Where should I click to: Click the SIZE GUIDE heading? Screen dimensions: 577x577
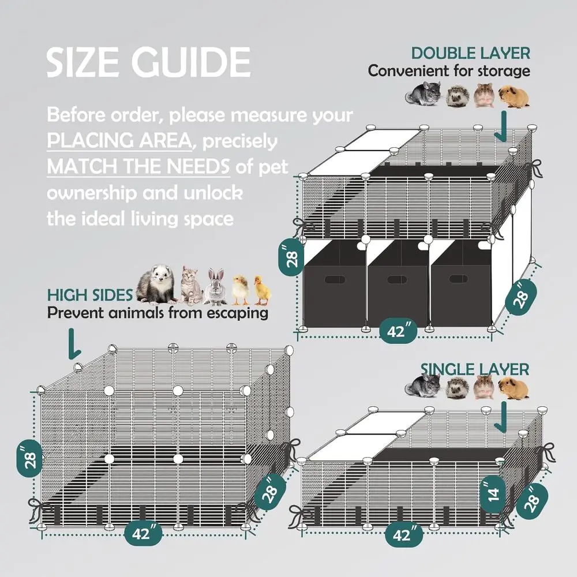pos(148,62)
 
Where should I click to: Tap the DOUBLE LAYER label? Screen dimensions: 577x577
pos(471,53)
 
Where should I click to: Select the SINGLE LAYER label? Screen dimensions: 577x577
pos(475,369)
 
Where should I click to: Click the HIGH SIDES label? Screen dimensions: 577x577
pos(90,295)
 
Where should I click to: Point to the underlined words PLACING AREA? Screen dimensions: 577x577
pos(119,141)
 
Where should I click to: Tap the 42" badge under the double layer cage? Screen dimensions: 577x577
pos(398,331)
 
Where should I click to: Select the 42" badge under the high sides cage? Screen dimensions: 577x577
pos(143,533)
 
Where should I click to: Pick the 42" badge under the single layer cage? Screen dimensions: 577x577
pos(404,534)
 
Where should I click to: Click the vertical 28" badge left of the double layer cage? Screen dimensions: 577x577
pos(291,257)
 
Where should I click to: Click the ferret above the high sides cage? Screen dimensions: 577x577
pos(157,284)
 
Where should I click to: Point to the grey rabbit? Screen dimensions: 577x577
pos(216,287)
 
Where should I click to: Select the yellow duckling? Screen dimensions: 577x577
pos(262,290)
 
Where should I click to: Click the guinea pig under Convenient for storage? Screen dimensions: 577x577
pos(514,96)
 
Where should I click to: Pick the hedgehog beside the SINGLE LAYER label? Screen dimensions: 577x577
pos(458,389)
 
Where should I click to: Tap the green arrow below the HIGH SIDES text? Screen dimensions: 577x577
pos(74,344)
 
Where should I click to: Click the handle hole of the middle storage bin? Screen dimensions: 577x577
pos(397,279)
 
